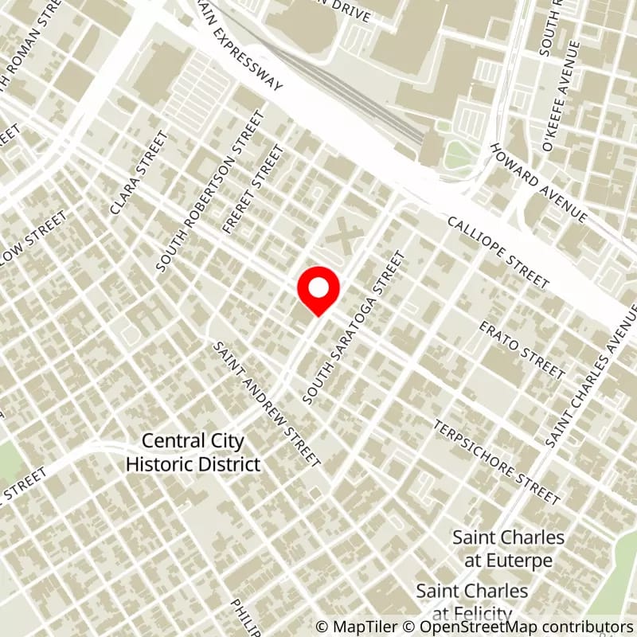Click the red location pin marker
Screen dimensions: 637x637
pos(318,291)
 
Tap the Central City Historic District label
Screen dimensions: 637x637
pos(193,452)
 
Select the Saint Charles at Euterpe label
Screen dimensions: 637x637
pos(509,549)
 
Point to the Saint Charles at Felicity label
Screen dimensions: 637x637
pos(472,601)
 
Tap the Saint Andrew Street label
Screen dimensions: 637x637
pos(268,404)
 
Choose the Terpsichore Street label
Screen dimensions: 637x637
pos(496,462)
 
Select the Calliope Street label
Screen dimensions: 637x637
pos(498,252)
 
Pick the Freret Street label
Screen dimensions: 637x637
pos(253,189)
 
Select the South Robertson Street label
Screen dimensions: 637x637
pos(210,191)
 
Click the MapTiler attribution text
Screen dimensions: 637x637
pos(358,627)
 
